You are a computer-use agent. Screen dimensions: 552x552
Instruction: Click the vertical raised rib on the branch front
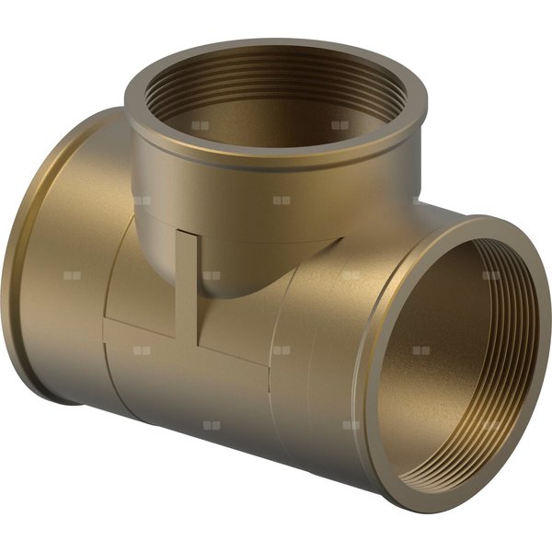tap(187, 276)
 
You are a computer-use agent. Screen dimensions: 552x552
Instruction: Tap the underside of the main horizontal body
tap(230, 442)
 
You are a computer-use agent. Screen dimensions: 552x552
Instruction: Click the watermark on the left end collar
tap(72, 275)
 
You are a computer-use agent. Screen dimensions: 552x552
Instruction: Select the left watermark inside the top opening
tap(201, 125)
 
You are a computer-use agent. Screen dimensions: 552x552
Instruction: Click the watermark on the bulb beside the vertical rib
tap(212, 274)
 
